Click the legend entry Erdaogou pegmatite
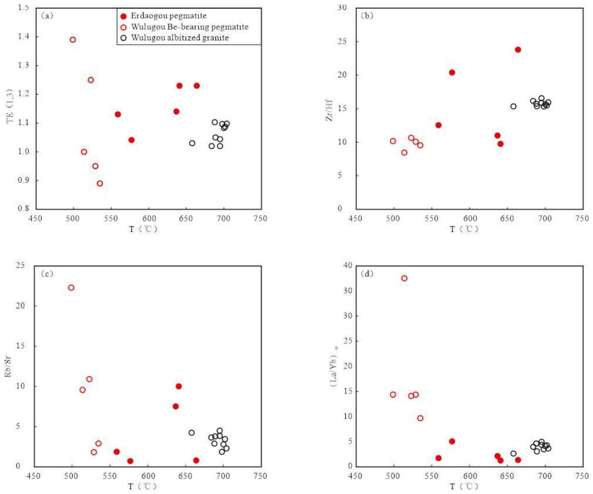(x=169, y=16)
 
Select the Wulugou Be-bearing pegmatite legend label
(x=190, y=27)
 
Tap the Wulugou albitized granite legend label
(x=180, y=38)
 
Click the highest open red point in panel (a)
(x=73, y=39)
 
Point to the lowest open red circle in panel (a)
(x=100, y=184)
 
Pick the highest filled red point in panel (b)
(x=518, y=50)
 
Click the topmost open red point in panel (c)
(x=71, y=288)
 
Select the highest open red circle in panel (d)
(x=404, y=279)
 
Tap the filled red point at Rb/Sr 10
(x=179, y=386)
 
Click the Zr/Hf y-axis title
(x=329, y=110)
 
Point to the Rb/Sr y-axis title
(x=8, y=366)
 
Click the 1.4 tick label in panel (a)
(x=23, y=36)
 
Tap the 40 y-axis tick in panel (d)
(x=348, y=266)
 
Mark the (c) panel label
(x=47, y=273)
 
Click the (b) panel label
(x=367, y=15)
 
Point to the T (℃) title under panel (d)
(x=464, y=486)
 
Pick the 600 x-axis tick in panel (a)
(x=149, y=218)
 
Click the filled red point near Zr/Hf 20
(x=452, y=72)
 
